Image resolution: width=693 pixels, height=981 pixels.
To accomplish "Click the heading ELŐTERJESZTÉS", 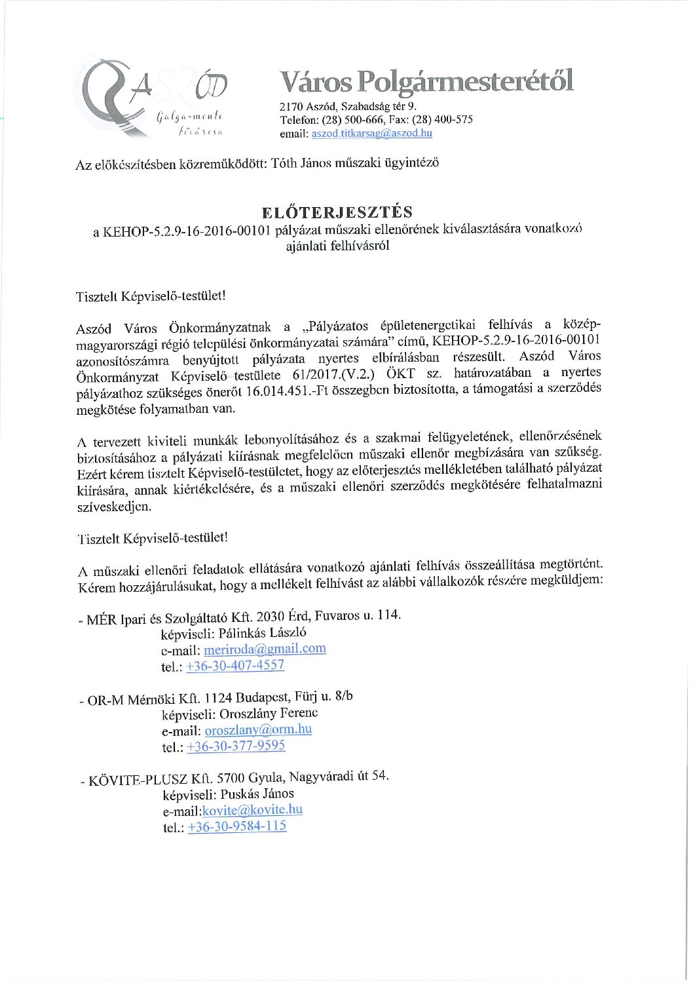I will [337, 212].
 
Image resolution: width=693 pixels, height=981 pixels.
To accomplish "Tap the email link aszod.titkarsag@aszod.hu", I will [371, 133].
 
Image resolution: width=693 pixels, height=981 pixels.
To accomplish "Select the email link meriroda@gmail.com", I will [265, 649].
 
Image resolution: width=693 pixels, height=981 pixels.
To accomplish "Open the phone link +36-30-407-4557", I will [235, 665].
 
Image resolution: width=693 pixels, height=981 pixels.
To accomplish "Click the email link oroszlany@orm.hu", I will [258, 729].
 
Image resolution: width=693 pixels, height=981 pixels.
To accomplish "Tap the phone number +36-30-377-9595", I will [236, 746].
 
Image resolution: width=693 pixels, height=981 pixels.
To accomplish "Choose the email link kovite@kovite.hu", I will [252, 810].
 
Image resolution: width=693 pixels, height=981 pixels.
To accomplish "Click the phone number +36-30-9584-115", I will [237, 826].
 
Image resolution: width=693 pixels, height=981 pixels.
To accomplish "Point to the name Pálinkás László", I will [262, 633].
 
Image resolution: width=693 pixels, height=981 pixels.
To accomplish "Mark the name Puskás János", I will [257, 794].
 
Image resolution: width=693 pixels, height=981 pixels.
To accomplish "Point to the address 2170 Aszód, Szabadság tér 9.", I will [348, 106].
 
